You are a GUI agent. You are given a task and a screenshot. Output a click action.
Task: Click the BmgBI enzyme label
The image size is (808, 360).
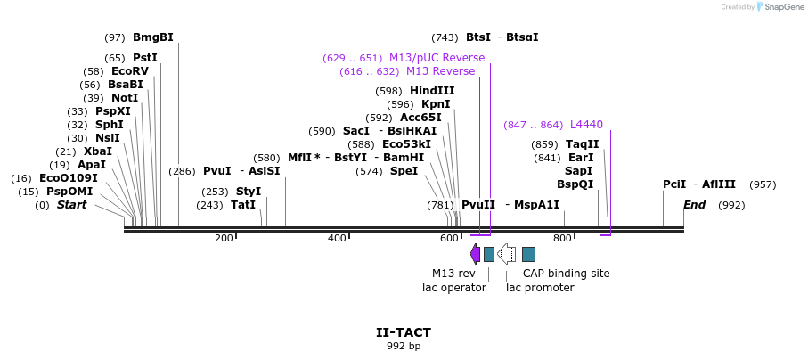152,37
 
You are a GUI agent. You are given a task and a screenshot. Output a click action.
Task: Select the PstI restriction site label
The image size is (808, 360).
144,58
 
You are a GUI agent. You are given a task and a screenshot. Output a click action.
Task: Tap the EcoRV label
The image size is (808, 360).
129,71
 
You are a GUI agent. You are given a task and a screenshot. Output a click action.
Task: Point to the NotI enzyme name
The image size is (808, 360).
124,98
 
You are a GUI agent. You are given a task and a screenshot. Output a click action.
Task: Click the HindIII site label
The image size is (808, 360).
432,91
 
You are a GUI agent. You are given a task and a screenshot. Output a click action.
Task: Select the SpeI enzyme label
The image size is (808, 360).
404,171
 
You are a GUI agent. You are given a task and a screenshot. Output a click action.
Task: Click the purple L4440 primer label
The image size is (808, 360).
586,125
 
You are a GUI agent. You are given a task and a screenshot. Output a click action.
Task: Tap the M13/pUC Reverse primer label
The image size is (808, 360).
437,58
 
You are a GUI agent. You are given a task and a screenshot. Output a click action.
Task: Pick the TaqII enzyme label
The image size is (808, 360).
583,144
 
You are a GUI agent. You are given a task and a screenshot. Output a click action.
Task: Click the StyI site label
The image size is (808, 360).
249,192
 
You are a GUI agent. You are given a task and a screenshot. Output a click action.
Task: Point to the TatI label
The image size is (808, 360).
243,205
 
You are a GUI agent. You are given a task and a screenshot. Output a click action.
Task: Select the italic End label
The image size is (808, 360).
695,205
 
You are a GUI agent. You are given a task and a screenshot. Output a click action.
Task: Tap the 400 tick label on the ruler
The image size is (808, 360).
337,238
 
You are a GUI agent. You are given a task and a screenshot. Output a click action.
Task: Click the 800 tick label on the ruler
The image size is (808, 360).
562,238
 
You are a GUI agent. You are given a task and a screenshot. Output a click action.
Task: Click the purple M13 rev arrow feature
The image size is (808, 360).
476,254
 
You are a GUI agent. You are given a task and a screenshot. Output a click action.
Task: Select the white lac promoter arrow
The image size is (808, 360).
506,254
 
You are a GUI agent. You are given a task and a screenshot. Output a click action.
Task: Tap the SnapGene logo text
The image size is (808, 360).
781,7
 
